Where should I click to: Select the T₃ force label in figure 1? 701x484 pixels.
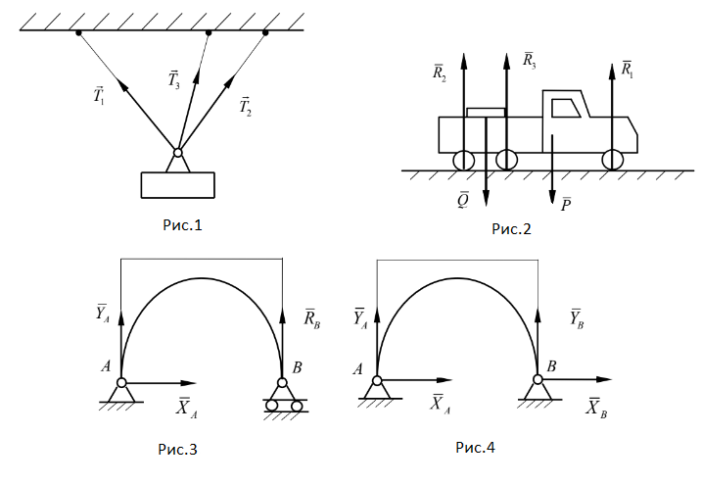point(172,80)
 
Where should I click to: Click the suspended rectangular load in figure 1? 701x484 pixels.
point(177,184)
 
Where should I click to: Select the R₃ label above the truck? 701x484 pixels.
point(530,60)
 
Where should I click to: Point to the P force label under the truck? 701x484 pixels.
point(567,204)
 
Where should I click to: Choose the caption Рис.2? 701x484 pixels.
point(511,229)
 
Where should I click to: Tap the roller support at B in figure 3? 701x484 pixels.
point(283,400)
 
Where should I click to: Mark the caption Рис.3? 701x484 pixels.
point(178,450)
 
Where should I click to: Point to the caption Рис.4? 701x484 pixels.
point(476,448)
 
